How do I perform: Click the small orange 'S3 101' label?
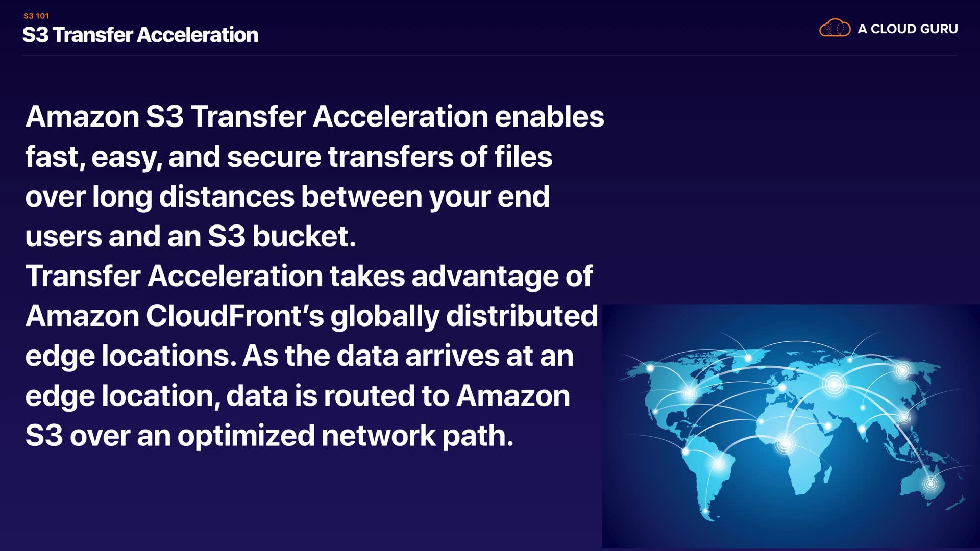(x=36, y=16)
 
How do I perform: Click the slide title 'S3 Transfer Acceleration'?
(x=140, y=35)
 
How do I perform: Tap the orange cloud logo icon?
(x=835, y=28)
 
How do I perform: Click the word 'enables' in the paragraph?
(x=549, y=116)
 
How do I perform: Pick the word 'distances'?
(x=227, y=196)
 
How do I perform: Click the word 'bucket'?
(x=301, y=236)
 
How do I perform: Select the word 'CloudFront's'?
(x=235, y=316)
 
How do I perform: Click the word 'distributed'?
(x=522, y=316)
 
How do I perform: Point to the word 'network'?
(x=378, y=436)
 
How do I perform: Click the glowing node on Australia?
(x=930, y=483)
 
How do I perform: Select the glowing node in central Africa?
(x=785, y=443)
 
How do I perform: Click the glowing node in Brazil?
(x=718, y=464)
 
